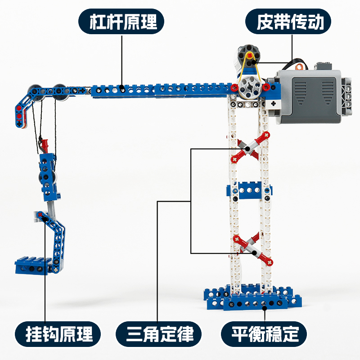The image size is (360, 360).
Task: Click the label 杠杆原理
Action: pos(121,22)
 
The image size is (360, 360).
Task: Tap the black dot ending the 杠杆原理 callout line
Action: pos(122,85)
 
